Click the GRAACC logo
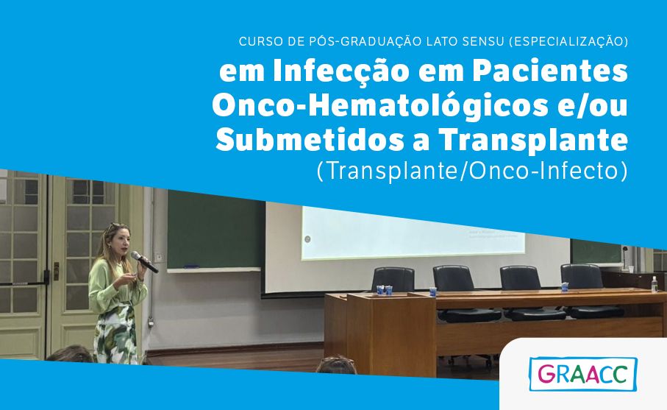coord(583,374)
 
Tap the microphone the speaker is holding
coord(144,262)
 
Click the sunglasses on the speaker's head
coord(115,226)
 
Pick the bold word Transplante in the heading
coord(533,141)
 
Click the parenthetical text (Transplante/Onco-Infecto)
coord(472,171)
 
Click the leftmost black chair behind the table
coord(393,279)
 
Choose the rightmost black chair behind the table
coord(582,276)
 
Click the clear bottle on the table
coord(654,284)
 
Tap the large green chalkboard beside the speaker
coord(215,231)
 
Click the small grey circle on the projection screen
coord(307,238)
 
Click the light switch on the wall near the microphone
coord(158,258)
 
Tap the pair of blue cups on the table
coord(384,290)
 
